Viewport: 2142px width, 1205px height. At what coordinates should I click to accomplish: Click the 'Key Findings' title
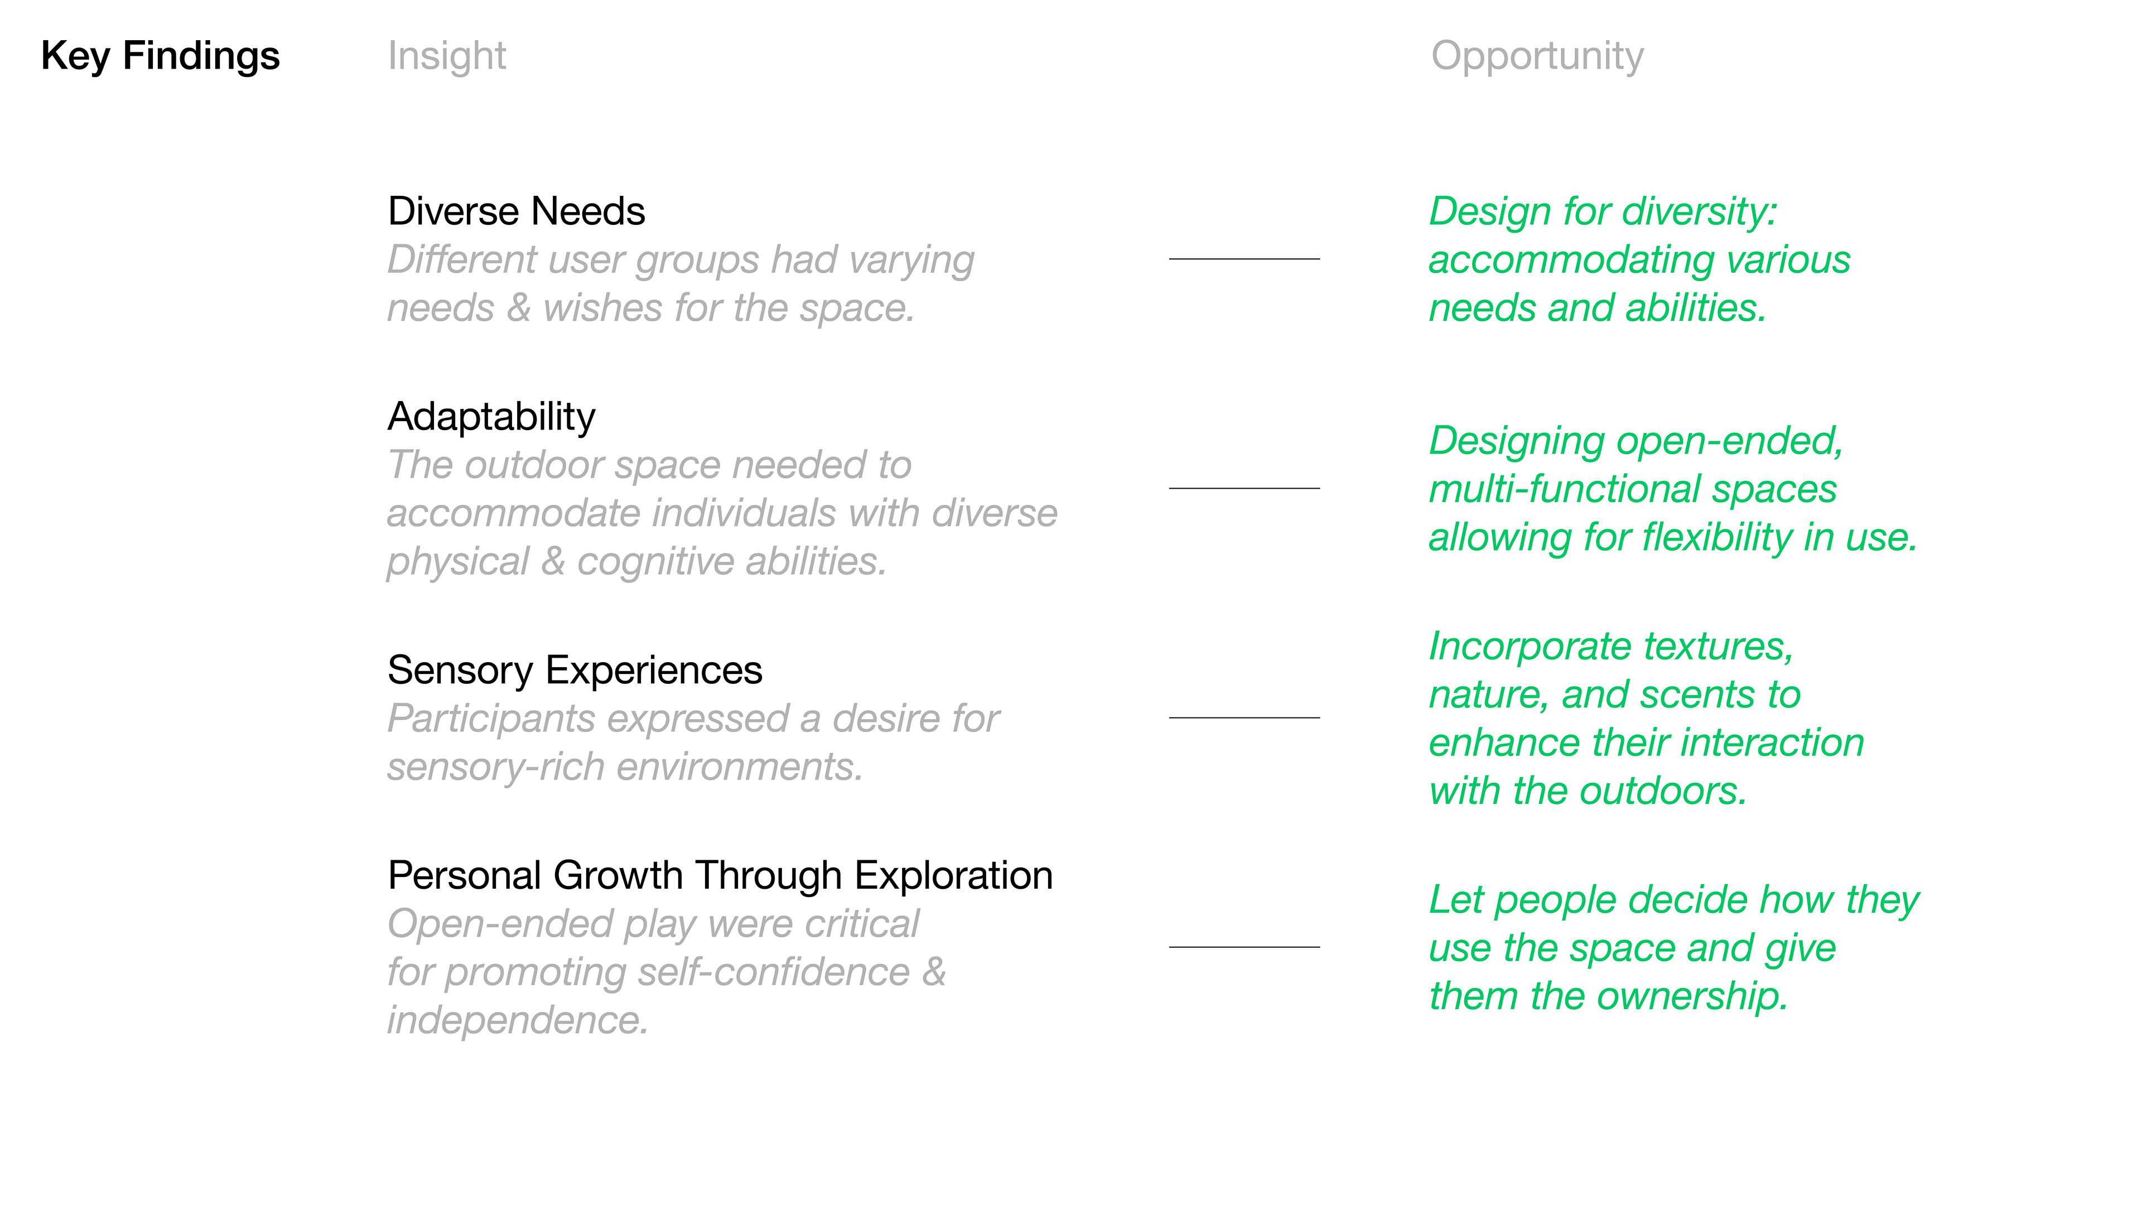click(161, 56)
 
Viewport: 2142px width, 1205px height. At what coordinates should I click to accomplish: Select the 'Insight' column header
click(446, 56)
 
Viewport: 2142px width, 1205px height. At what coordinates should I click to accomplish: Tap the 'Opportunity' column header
click(1537, 56)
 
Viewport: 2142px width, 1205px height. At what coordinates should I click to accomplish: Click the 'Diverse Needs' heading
click(517, 211)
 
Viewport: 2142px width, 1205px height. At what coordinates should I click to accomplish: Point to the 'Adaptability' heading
click(491, 417)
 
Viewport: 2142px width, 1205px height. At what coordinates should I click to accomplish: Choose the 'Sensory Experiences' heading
click(575, 670)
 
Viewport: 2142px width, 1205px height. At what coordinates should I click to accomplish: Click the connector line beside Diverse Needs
click(1244, 259)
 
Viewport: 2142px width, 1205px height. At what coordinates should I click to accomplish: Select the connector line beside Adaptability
click(1244, 488)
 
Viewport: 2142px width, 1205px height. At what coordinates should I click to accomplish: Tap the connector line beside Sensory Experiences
click(1244, 717)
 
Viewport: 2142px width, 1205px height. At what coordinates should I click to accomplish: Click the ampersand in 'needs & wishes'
click(519, 308)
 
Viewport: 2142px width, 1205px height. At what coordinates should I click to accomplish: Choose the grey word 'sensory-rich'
click(495, 767)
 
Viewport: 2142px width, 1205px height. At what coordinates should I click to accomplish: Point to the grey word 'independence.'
click(517, 1020)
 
